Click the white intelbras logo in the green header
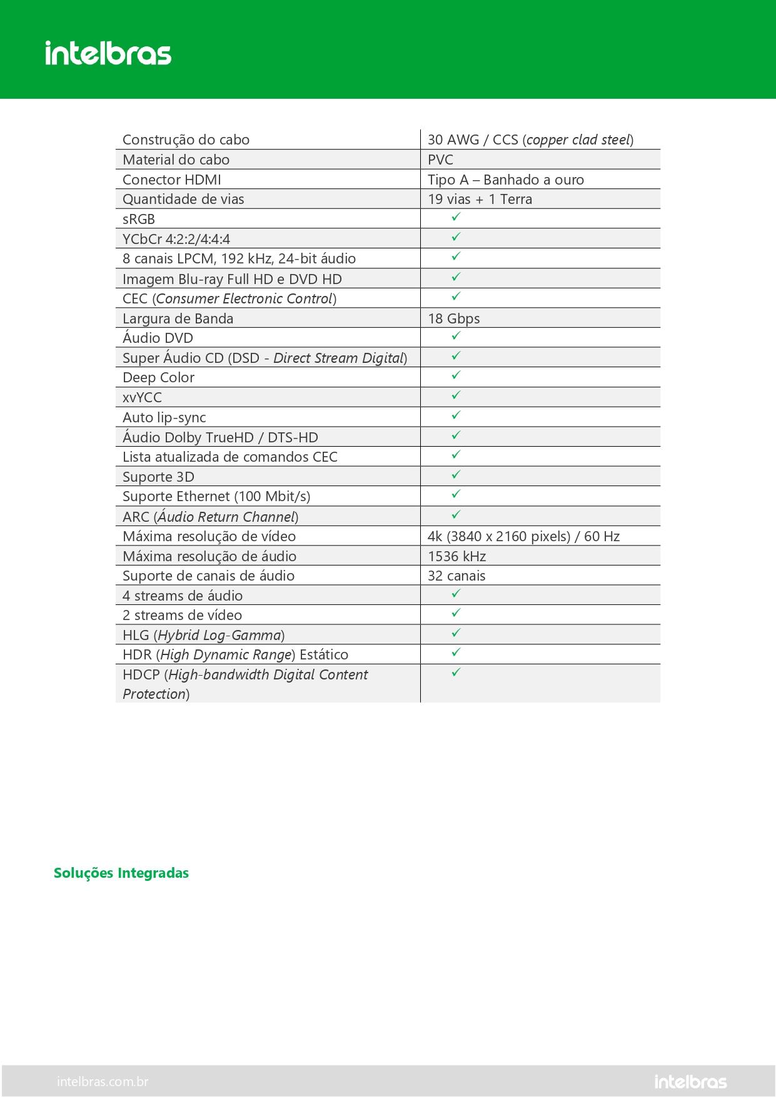point(108,53)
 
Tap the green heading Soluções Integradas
point(121,873)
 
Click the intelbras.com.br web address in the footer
point(103,1081)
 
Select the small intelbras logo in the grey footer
point(690,1081)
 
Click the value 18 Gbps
point(454,318)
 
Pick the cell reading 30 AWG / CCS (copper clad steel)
point(530,140)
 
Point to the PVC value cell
point(441,160)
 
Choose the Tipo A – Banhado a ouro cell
point(506,180)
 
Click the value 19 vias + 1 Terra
point(480,199)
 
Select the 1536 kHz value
point(457,556)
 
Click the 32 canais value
point(456,576)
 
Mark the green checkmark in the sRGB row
point(456,216)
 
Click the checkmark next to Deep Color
point(456,375)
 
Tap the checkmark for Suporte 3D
point(456,474)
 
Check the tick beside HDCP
point(456,672)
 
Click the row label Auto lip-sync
point(164,417)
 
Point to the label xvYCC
point(142,397)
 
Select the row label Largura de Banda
point(178,318)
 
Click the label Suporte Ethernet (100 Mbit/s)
point(216,496)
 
